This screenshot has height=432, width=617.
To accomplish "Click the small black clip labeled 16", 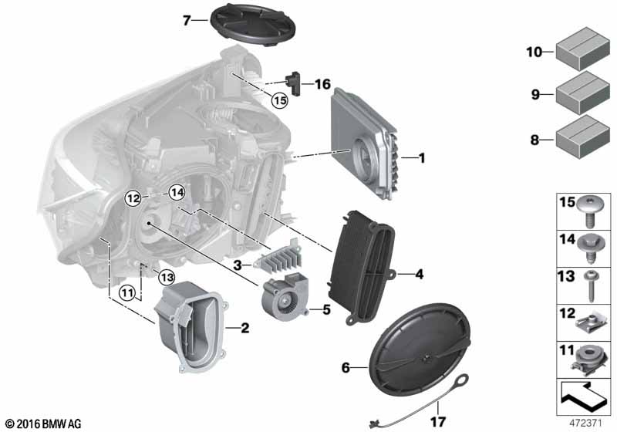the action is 294,83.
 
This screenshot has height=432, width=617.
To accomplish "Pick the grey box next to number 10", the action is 583,49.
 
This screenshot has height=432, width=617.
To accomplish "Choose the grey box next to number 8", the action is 583,137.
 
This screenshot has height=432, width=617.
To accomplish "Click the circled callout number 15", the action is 280,101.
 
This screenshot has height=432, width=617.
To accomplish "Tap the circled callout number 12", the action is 133,198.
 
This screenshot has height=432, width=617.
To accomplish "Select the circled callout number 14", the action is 177,193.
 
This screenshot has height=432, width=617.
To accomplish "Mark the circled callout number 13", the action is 167,278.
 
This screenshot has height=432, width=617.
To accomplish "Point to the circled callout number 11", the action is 127,293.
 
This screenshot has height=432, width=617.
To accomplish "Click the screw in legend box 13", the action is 590,285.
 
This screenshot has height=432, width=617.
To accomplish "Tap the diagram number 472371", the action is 586,424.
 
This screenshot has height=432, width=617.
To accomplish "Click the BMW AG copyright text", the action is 44,424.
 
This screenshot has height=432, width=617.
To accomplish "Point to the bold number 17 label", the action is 437,422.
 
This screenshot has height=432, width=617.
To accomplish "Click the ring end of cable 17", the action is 462,380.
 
